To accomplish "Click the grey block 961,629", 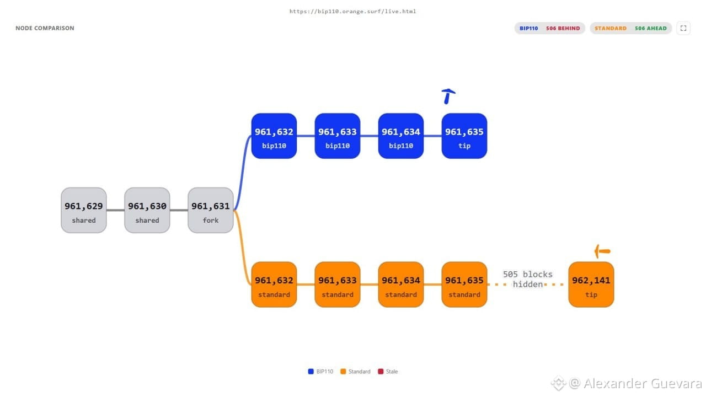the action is click(83, 210).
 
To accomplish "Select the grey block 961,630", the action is click(147, 210).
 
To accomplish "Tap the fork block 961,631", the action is click(211, 210).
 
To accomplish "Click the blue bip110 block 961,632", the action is click(274, 136).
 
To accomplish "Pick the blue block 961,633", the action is click(337, 136).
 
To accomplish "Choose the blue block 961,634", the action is click(401, 136).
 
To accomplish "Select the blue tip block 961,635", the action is click(464, 136).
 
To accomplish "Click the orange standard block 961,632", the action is click(274, 285).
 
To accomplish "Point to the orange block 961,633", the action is click(337, 285).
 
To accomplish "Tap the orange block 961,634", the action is click(401, 285).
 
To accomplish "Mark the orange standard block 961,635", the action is click(464, 285).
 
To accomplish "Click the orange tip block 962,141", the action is click(591, 285).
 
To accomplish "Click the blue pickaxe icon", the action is click(447, 95).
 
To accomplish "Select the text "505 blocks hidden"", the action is click(528, 279).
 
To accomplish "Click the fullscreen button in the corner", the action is click(683, 28).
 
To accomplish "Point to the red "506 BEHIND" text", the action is click(563, 28).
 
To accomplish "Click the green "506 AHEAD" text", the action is click(651, 28).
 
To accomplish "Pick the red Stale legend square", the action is click(381, 372).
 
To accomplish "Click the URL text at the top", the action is click(352, 12).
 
